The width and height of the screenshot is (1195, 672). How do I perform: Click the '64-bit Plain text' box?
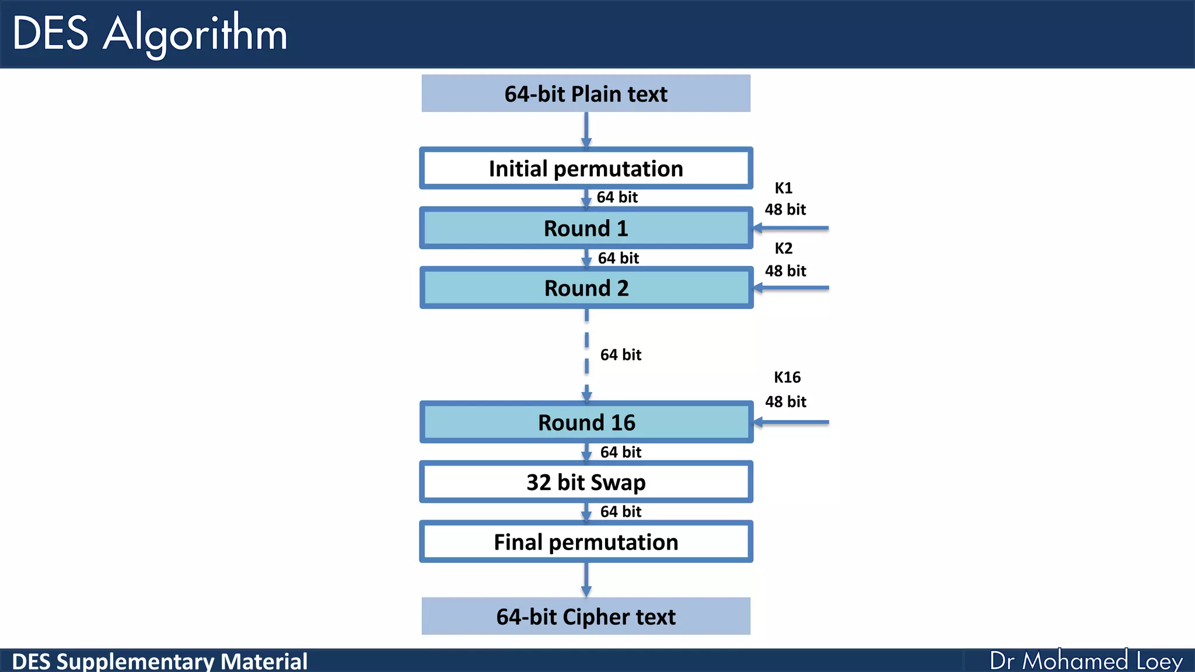tap(586, 93)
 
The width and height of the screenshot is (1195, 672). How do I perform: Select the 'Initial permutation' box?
tap(586, 169)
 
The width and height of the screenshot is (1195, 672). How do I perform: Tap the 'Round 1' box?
tap(586, 228)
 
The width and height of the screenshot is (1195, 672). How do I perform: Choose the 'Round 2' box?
tap(586, 288)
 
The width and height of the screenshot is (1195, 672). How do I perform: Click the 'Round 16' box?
tap(586, 422)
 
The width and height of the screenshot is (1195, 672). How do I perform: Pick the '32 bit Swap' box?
tap(586, 482)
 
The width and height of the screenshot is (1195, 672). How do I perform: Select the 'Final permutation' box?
tap(586, 542)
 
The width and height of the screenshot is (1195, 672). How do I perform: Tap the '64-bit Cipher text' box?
tap(586, 617)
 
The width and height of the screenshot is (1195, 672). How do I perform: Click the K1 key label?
tap(784, 188)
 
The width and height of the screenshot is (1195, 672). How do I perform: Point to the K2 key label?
tap(784, 249)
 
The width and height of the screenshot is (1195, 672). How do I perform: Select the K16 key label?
tap(787, 377)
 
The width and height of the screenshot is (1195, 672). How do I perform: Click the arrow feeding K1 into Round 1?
tap(791, 228)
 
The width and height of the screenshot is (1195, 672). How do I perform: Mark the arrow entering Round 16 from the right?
tap(791, 422)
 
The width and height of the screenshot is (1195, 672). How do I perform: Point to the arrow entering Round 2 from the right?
tap(791, 288)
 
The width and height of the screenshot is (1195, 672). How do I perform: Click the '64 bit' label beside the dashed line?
tap(621, 355)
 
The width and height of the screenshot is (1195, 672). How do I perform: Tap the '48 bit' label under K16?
tap(785, 402)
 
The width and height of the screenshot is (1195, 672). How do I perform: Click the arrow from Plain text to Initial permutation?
tap(586, 129)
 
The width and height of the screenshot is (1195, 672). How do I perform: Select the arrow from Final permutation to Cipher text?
tap(586, 579)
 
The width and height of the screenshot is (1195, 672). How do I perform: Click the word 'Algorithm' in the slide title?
tap(195, 34)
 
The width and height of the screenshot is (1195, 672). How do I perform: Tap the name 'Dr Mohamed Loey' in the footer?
tap(1086, 661)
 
